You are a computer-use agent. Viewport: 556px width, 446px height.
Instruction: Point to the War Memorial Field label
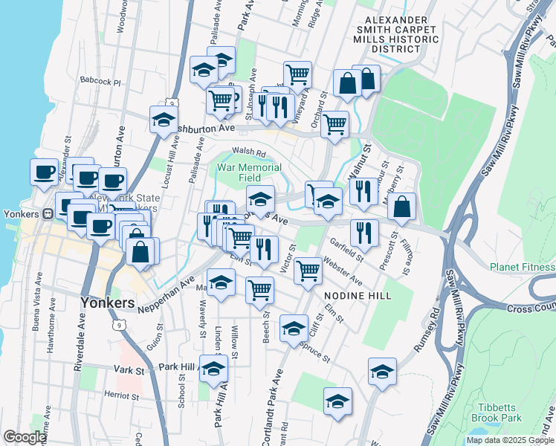coord(239,172)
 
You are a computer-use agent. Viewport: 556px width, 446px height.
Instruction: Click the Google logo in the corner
coord(25,437)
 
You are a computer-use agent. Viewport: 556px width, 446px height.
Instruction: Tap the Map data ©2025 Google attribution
coord(510,440)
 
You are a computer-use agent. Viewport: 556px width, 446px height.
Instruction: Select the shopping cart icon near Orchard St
coord(334,125)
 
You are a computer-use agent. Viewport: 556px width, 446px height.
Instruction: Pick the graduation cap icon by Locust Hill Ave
coord(164,120)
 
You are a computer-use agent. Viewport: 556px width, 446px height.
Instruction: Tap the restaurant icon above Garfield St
coord(364,233)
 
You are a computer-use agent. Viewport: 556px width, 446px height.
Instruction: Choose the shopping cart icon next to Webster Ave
coord(308,271)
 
